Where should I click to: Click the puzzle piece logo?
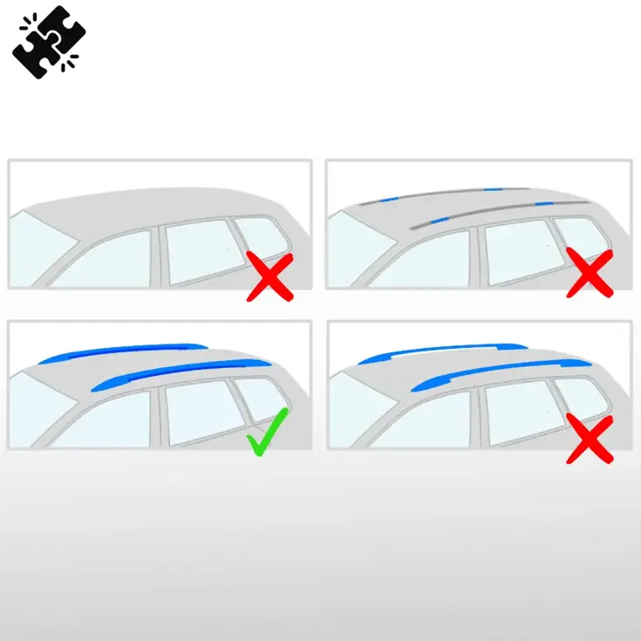pos(44,41)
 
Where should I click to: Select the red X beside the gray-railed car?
pos(590,272)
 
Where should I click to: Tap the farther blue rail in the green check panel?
pos(122,351)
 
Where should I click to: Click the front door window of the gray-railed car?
pos(427,262)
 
